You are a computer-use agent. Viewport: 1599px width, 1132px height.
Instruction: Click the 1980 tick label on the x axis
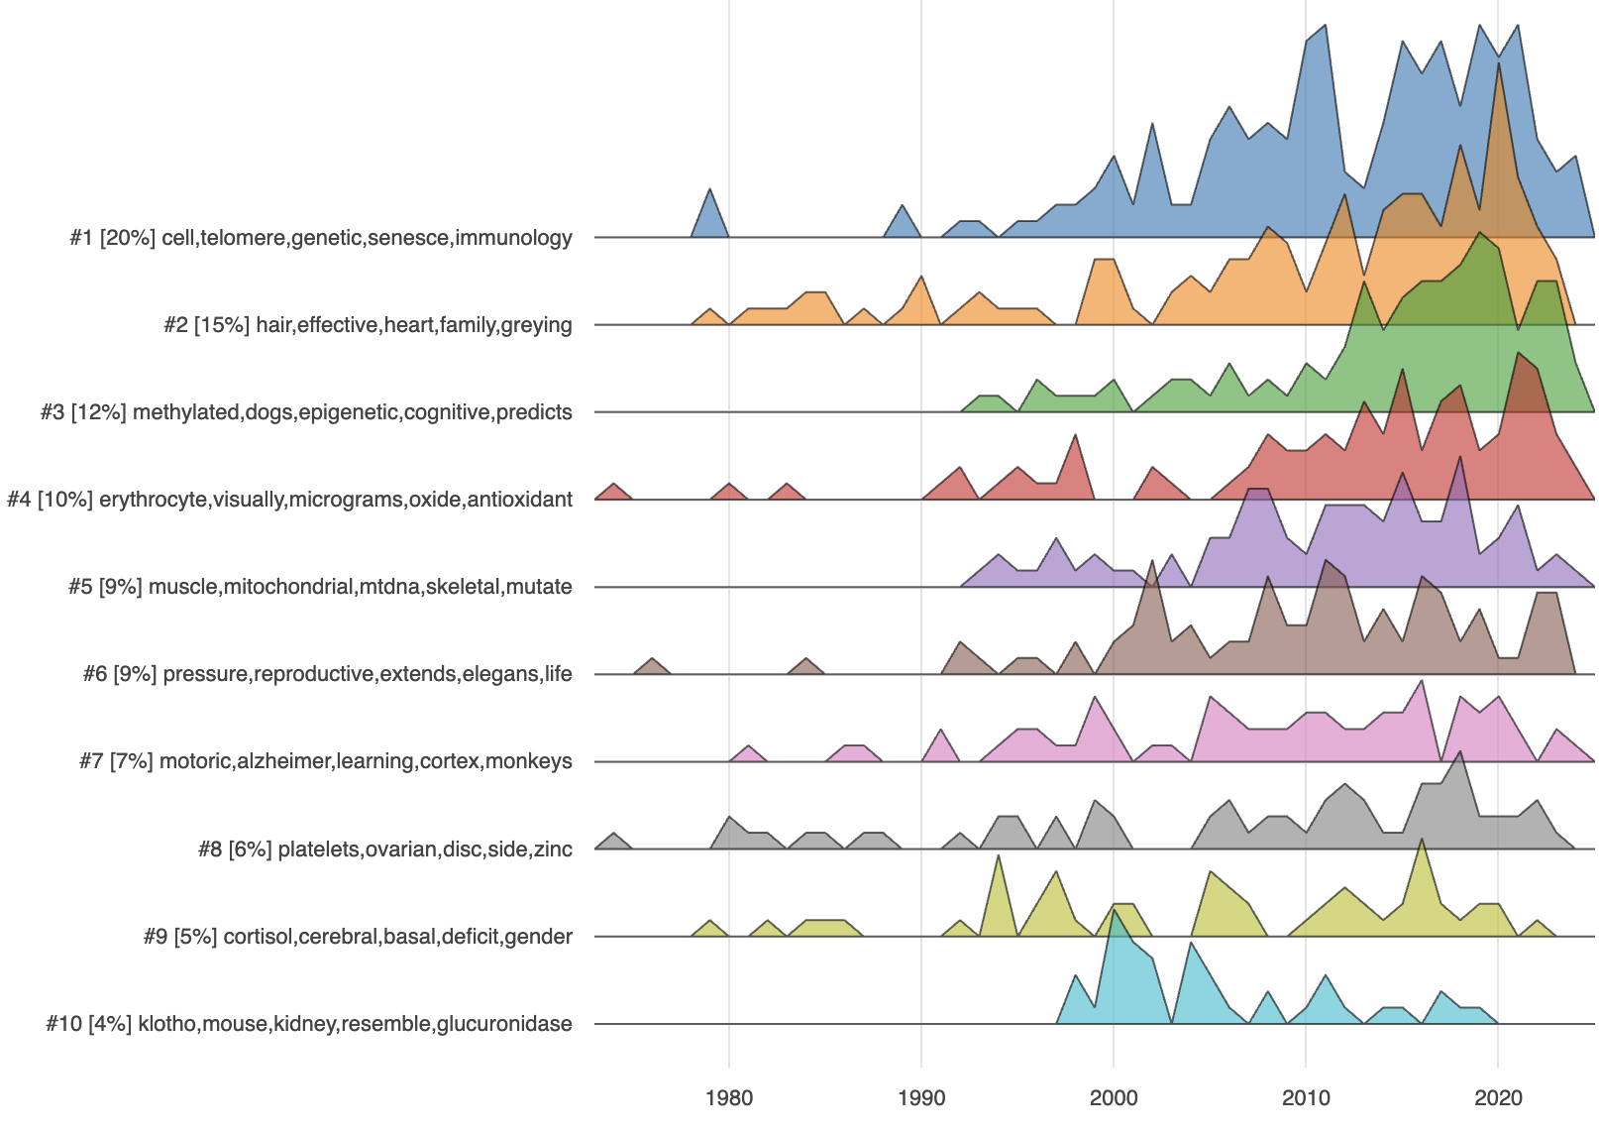click(x=729, y=1097)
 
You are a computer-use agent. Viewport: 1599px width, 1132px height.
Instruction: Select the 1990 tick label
click(x=921, y=1097)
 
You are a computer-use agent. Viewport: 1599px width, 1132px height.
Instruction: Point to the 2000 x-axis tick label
click(x=1114, y=1097)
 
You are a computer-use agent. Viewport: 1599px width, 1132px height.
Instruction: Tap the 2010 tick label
click(x=1306, y=1097)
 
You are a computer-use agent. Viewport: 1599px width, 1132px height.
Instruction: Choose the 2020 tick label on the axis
click(x=1498, y=1097)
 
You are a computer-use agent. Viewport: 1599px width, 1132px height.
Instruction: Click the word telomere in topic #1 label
click(x=243, y=238)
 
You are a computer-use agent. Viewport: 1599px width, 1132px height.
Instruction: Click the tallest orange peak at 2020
click(x=1498, y=69)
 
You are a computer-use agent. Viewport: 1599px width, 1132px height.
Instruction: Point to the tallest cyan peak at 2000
click(x=1114, y=917)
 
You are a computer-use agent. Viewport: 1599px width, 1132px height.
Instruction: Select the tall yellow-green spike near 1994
click(x=998, y=862)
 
